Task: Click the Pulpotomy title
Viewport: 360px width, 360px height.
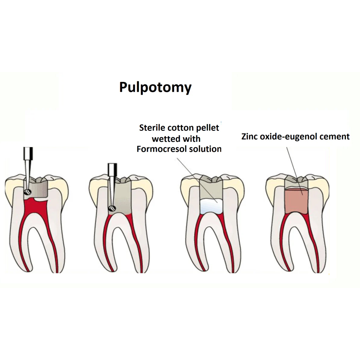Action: point(155,87)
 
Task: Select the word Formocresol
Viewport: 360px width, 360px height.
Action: point(158,149)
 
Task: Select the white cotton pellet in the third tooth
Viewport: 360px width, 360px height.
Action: point(211,207)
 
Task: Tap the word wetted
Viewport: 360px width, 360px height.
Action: point(166,139)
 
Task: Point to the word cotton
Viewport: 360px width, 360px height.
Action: point(179,128)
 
